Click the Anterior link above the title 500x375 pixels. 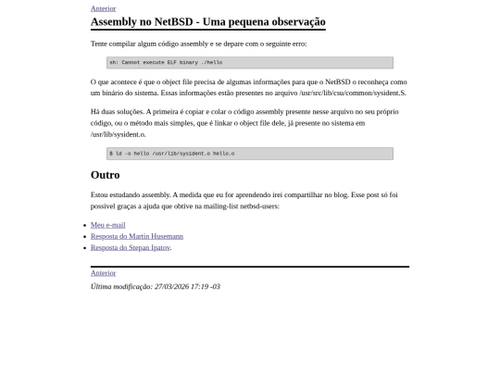(x=103, y=8)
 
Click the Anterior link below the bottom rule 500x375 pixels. (x=103, y=273)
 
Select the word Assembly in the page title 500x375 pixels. (x=114, y=21)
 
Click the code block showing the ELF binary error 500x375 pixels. (x=250, y=62)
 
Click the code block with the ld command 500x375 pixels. (x=250, y=153)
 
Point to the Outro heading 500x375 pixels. (x=105, y=175)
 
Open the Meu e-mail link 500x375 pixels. (x=107, y=225)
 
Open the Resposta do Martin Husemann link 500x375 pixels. (x=136, y=236)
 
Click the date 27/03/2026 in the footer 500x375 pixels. (x=173, y=286)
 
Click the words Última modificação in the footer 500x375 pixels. (x=120, y=286)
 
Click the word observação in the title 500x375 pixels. (x=294, y=21)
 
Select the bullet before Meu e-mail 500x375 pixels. (x=83, y=225)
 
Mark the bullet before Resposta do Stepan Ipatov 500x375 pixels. (x=83, y=247)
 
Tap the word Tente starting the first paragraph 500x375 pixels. (x=100, y=44)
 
